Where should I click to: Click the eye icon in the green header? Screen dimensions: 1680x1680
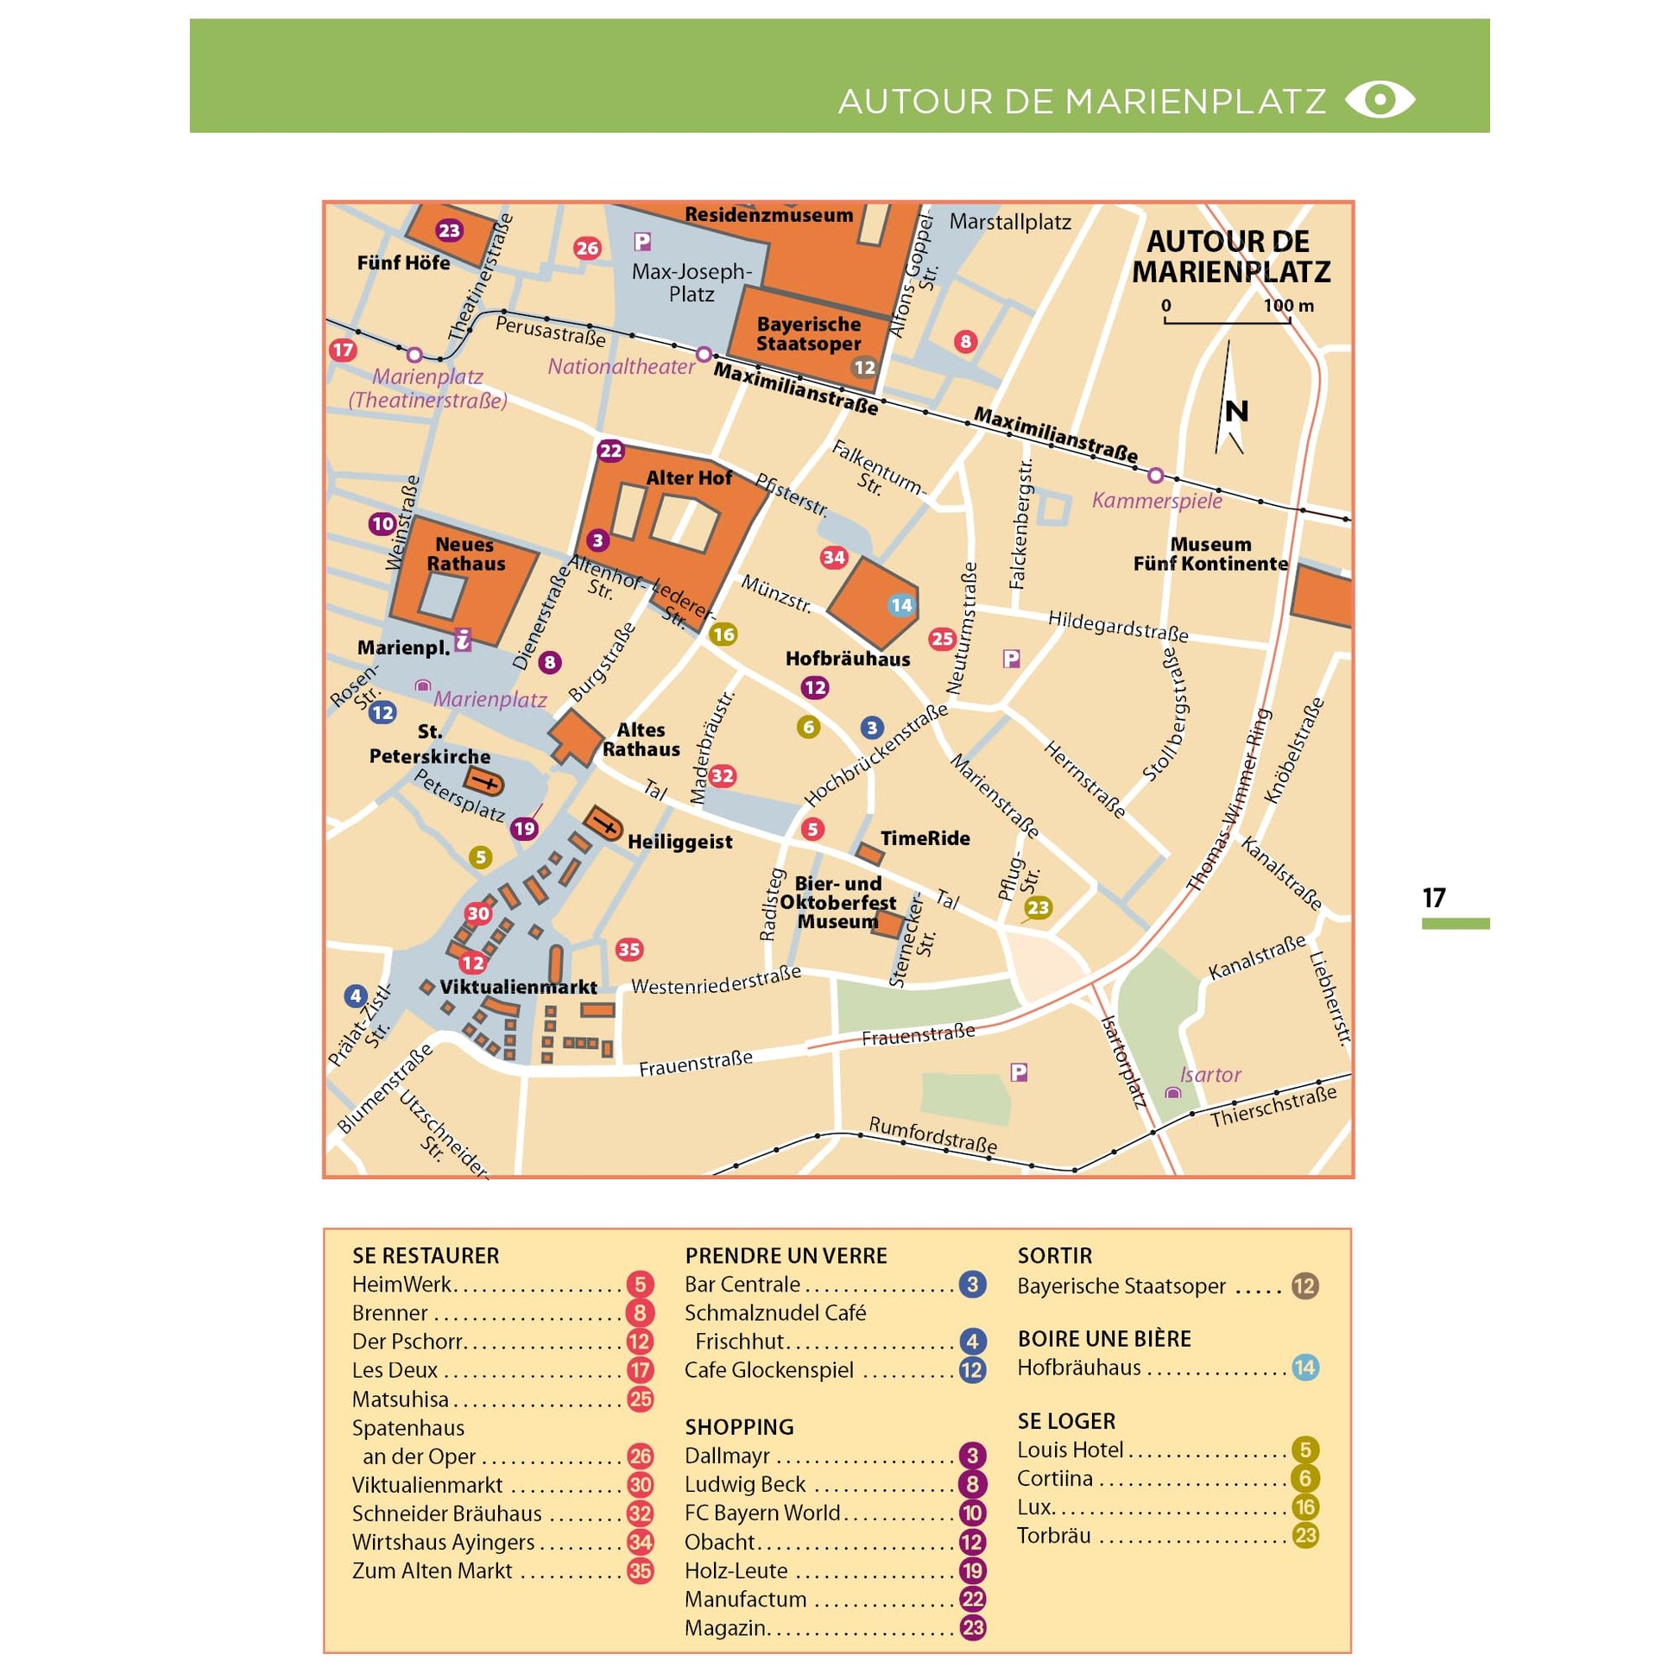1379,100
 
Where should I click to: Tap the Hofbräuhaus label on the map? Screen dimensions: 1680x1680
847,659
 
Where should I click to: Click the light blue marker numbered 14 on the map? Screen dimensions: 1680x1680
901,605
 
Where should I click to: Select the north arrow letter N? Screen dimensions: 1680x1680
1235,411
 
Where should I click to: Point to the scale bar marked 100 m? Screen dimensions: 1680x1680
1227,322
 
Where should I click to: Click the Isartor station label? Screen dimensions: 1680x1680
1209,1075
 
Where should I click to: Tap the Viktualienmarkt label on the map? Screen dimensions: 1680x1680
518,987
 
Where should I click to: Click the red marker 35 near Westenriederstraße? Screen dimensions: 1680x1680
628,950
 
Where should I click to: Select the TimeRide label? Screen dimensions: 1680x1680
925,838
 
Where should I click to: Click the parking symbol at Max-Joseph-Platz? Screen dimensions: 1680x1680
641,242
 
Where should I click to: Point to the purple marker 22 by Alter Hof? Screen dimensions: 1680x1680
610,451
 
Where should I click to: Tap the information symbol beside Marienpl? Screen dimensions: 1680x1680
464,640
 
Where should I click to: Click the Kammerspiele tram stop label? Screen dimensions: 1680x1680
1157,501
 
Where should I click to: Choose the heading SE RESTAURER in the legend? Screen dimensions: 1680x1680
426,1255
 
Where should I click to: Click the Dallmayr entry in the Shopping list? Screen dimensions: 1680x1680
727,1456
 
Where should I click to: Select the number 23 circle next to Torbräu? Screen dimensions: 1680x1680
1304,1536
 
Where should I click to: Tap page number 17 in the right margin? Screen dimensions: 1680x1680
1434,897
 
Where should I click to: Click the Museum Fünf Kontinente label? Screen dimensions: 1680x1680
1209,554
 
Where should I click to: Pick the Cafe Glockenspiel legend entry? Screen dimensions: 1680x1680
768,1370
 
